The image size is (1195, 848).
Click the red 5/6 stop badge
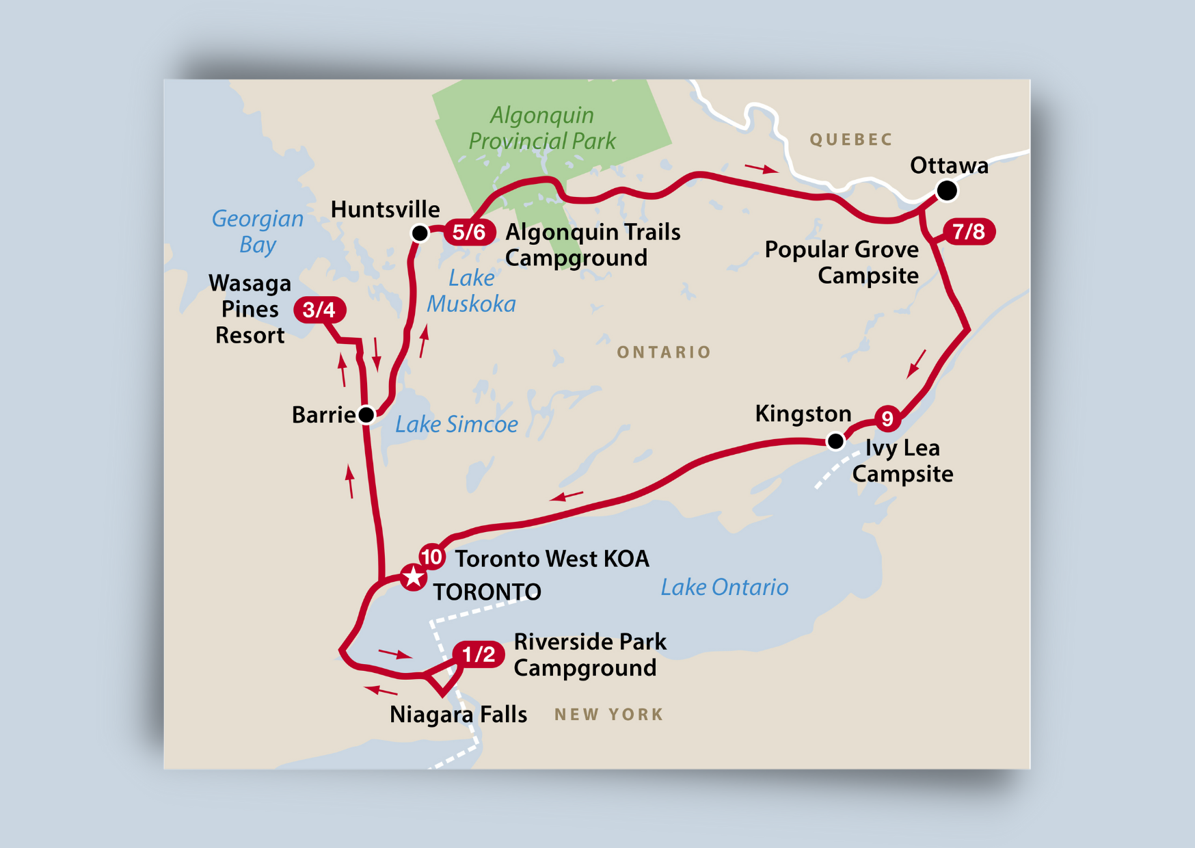coord(470,233)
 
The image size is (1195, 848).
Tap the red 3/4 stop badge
coord(319,310)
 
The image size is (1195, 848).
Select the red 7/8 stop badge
coord(969,232)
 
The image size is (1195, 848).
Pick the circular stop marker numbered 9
coord(887,418)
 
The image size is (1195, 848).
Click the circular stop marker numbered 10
coord(431,557)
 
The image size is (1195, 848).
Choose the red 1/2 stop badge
coord(479,654)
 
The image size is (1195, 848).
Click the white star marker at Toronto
coord(413,577)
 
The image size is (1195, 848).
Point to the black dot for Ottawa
coord(946,190)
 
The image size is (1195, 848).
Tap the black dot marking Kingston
coord(835,442)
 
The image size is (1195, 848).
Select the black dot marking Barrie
coord(366,414)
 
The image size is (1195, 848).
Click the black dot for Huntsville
coord(420,233)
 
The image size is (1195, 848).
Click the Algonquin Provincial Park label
coord(542,128)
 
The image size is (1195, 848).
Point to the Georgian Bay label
coord(258,231)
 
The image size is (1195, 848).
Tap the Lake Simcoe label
coord(457,425)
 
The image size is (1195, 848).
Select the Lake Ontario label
coord(724,587)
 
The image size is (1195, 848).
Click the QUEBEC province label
coord(851,140)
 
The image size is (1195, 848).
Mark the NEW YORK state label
coord(608,715)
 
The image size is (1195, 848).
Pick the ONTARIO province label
coord(663,352)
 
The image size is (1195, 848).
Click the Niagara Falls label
coord(458,715)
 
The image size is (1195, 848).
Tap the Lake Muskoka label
coord(472,291)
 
